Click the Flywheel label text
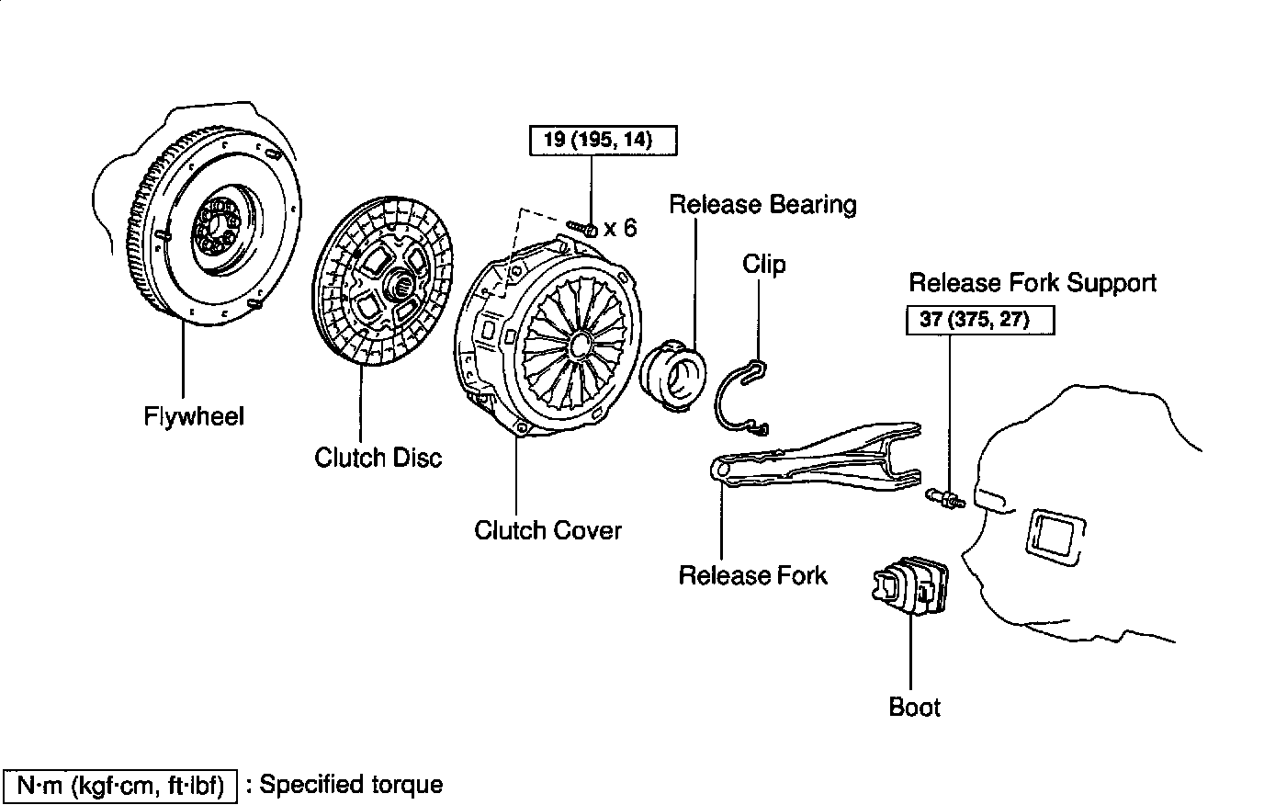click(194, 416)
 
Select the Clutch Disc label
click(378, 457)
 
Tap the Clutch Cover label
click(547, 530)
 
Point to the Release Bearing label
click(762, 203)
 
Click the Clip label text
click(764, 265)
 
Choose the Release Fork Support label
click(1033, 282)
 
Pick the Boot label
click(915, 707)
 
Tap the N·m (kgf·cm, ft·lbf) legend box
click(121, 785)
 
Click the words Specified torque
click(356, 785)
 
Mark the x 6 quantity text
click(620, 227)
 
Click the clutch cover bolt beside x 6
click(583, 225)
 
